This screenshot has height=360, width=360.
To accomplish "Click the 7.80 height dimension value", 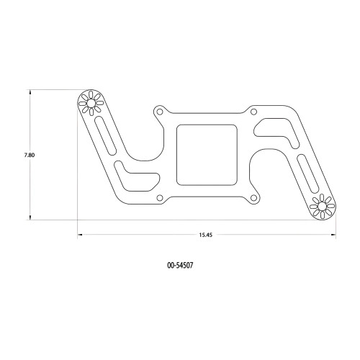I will pos(19,155).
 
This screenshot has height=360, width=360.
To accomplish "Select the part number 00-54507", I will pos(179,265).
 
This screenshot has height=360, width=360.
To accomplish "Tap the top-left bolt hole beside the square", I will pos(159,112).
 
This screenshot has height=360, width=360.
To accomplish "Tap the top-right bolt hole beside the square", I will pos(253,111).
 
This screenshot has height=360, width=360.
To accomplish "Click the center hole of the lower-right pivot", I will pos(321,207).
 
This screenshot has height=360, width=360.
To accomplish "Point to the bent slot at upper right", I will pos(276,132).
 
